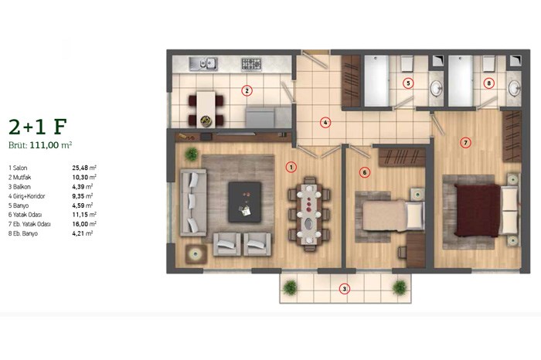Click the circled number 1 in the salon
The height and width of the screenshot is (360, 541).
click(x=291, y=167)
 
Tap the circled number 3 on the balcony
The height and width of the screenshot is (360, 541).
click(x=344, y=289)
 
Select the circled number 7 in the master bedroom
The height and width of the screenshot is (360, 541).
click(x=465, y=142)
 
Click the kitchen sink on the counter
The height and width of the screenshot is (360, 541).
click(x=202, y=64)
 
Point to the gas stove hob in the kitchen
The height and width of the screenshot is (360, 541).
click(x=251, y=64)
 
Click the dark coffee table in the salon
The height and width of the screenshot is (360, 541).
click(x=245, y=202)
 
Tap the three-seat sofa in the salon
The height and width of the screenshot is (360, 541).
click(x=193, y=202)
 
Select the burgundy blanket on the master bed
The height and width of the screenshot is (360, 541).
click(x=478, y=210)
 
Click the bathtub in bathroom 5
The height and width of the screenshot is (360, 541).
click(x=377, y=81)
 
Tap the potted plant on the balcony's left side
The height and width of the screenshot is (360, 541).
click(x=290, y=287)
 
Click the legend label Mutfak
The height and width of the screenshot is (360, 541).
click(x=22, y=177)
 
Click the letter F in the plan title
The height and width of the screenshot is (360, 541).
click(x=60, y=127)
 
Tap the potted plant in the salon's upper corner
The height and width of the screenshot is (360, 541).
click(x=192, y=155)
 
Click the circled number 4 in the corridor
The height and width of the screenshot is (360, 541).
click(x=325, y=122)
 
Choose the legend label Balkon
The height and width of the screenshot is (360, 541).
click(x=22, y=187)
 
